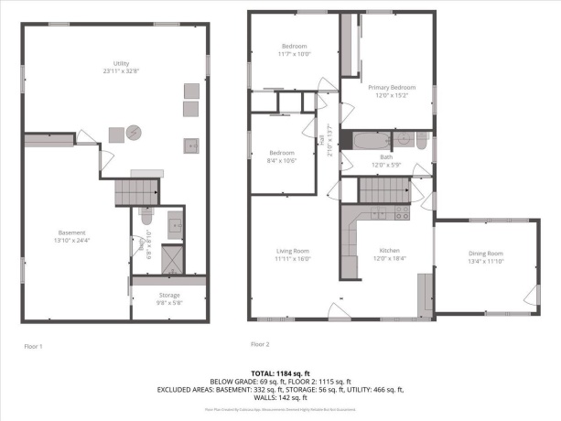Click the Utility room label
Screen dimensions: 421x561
point(114,63)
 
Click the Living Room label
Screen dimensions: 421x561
point(294,252)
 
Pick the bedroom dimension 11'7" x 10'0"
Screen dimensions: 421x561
point(295,53)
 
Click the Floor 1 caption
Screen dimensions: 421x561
point(33,346)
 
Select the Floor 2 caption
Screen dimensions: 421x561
point(260,344)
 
